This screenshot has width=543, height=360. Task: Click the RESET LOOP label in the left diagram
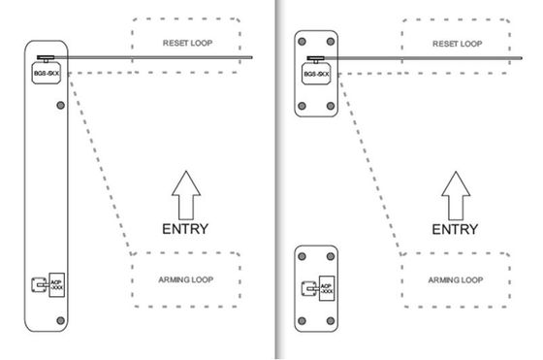(x=187, y=44)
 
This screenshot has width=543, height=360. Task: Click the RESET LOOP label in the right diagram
(x=456, y=44)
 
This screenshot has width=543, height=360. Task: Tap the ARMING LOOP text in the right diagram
(x=456, y=279)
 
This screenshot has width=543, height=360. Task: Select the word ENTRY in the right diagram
(x=454, y=229)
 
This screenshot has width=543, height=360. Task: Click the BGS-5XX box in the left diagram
(x=45, y=71)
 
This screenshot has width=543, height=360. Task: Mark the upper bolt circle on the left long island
(x=61, y=104)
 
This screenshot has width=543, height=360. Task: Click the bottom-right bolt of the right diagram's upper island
(x=330, y=106)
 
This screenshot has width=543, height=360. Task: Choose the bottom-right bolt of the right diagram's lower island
(x=330, y=320)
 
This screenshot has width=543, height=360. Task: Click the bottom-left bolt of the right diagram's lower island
(x=301, y=320)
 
